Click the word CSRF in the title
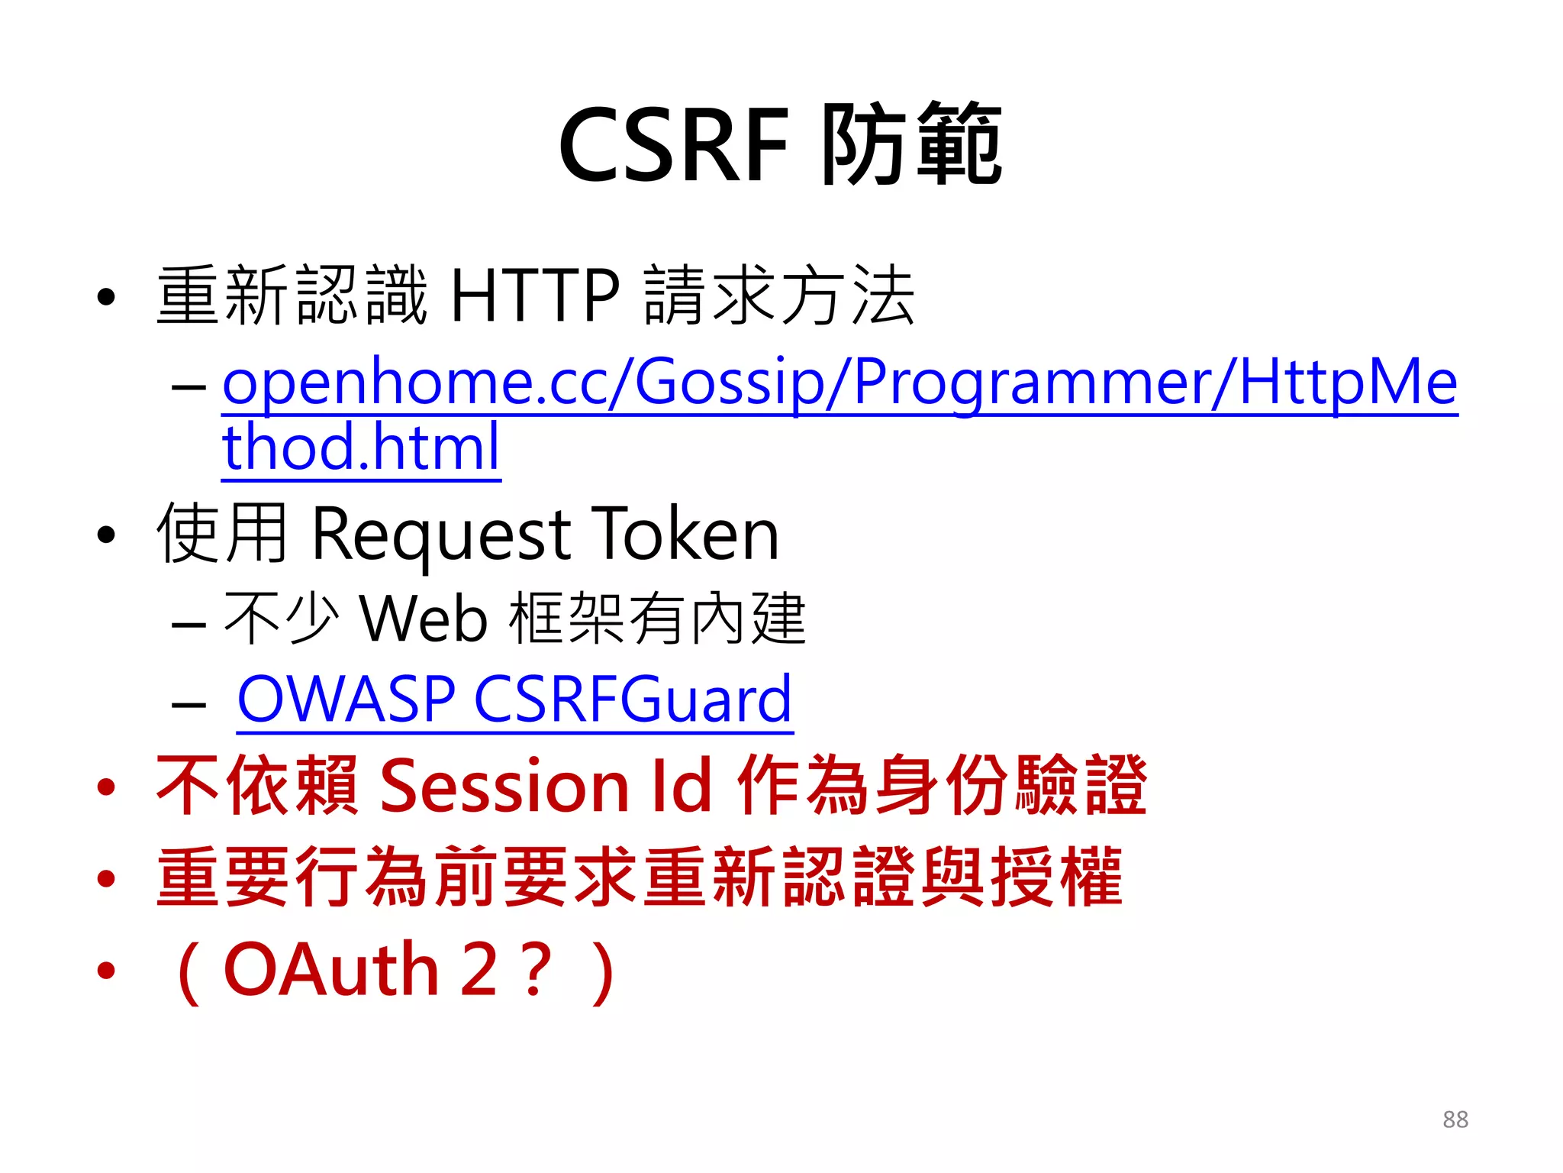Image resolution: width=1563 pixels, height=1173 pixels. click(673, 145)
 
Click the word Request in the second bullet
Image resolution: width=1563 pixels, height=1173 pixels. click(441, 534)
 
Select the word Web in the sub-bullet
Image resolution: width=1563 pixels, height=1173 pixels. click(423, 618)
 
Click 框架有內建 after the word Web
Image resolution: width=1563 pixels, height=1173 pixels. click(657, 618)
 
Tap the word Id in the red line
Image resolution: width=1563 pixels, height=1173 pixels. click(681, 786)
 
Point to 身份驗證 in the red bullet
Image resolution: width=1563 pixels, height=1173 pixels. click(1010, 786)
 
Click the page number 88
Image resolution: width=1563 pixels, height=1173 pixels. click(1455, 1120)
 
